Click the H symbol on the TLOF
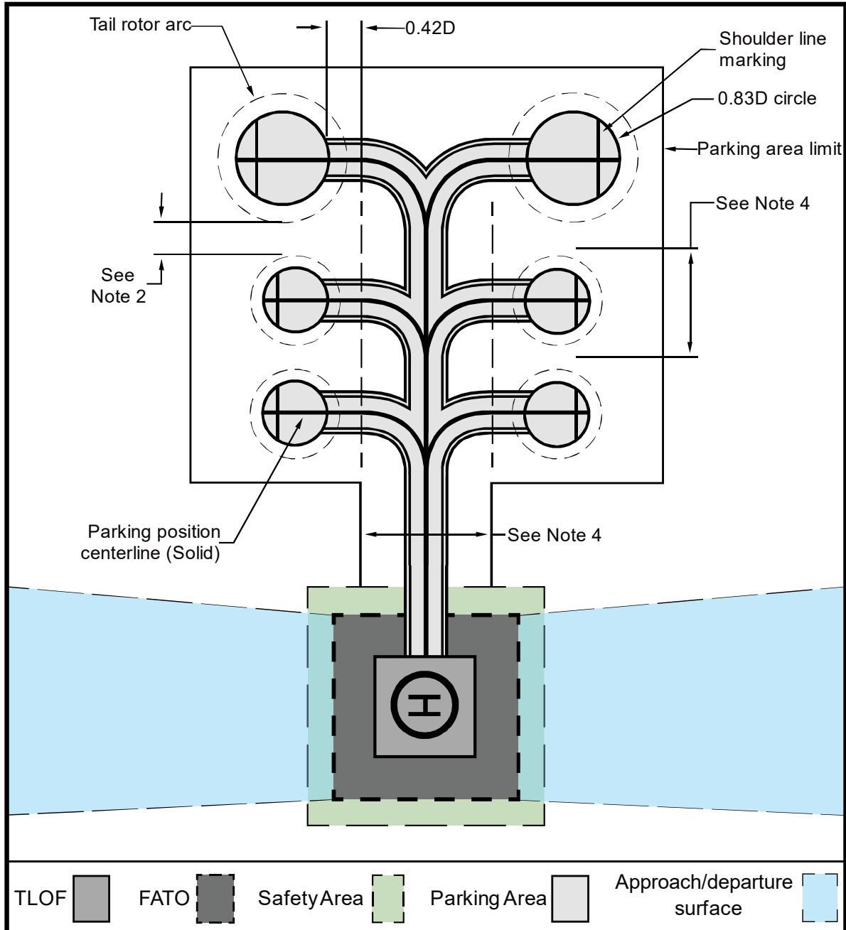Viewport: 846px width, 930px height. coord(424,706)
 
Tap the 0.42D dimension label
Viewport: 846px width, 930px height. coord(430,28)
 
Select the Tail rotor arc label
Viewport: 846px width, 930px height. coord(140,25)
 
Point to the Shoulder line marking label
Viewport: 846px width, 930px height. coord(772,49)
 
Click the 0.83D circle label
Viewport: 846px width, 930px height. coord(766,98)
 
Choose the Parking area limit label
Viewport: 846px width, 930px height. coord(769,148)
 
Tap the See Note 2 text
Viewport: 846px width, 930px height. coord(118,286)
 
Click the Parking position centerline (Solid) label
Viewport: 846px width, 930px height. coord(150,542)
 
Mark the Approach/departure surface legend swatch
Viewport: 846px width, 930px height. coord(820,897)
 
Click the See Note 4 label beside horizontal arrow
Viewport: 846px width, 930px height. coord(554,535)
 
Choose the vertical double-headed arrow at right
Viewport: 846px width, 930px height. coord(690,303)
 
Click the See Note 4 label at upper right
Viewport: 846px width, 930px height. coord(763,203)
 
